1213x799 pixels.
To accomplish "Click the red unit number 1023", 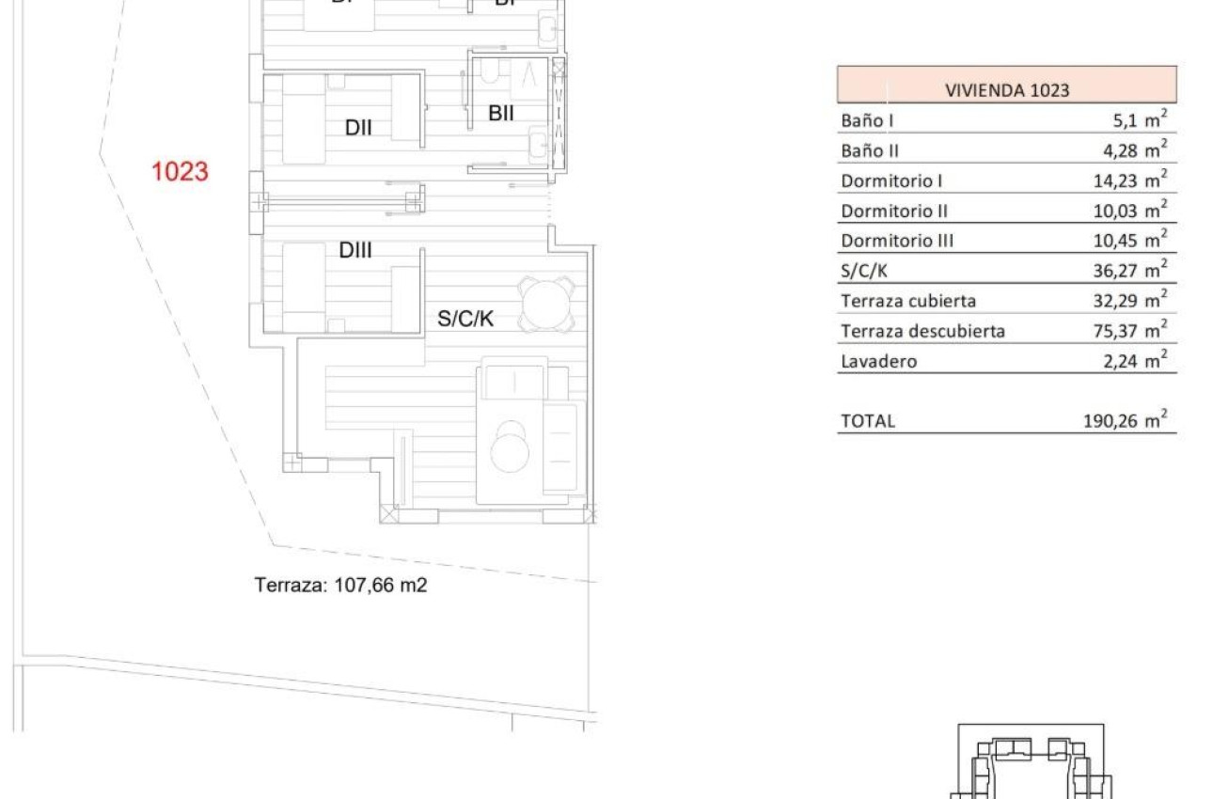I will coord(180,172).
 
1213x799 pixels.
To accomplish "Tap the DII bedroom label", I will coord(358,128).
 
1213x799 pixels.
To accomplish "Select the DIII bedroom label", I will coord(356,251).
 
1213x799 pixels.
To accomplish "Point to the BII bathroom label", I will coord(501,114).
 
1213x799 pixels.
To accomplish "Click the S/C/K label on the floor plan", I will coord(465,320).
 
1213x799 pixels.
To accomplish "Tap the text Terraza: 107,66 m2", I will coord(341,585).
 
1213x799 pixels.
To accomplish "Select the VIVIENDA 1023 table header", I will coord(1007,91).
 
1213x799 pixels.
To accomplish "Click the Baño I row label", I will coord(867,121).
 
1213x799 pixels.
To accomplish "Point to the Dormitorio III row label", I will coord(897,241).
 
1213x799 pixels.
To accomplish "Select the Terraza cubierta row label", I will coord(908,301).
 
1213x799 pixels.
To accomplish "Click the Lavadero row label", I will coord(879,361).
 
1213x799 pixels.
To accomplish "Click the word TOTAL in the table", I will coord(868,421).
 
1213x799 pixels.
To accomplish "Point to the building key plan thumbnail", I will coord(1033,760).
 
